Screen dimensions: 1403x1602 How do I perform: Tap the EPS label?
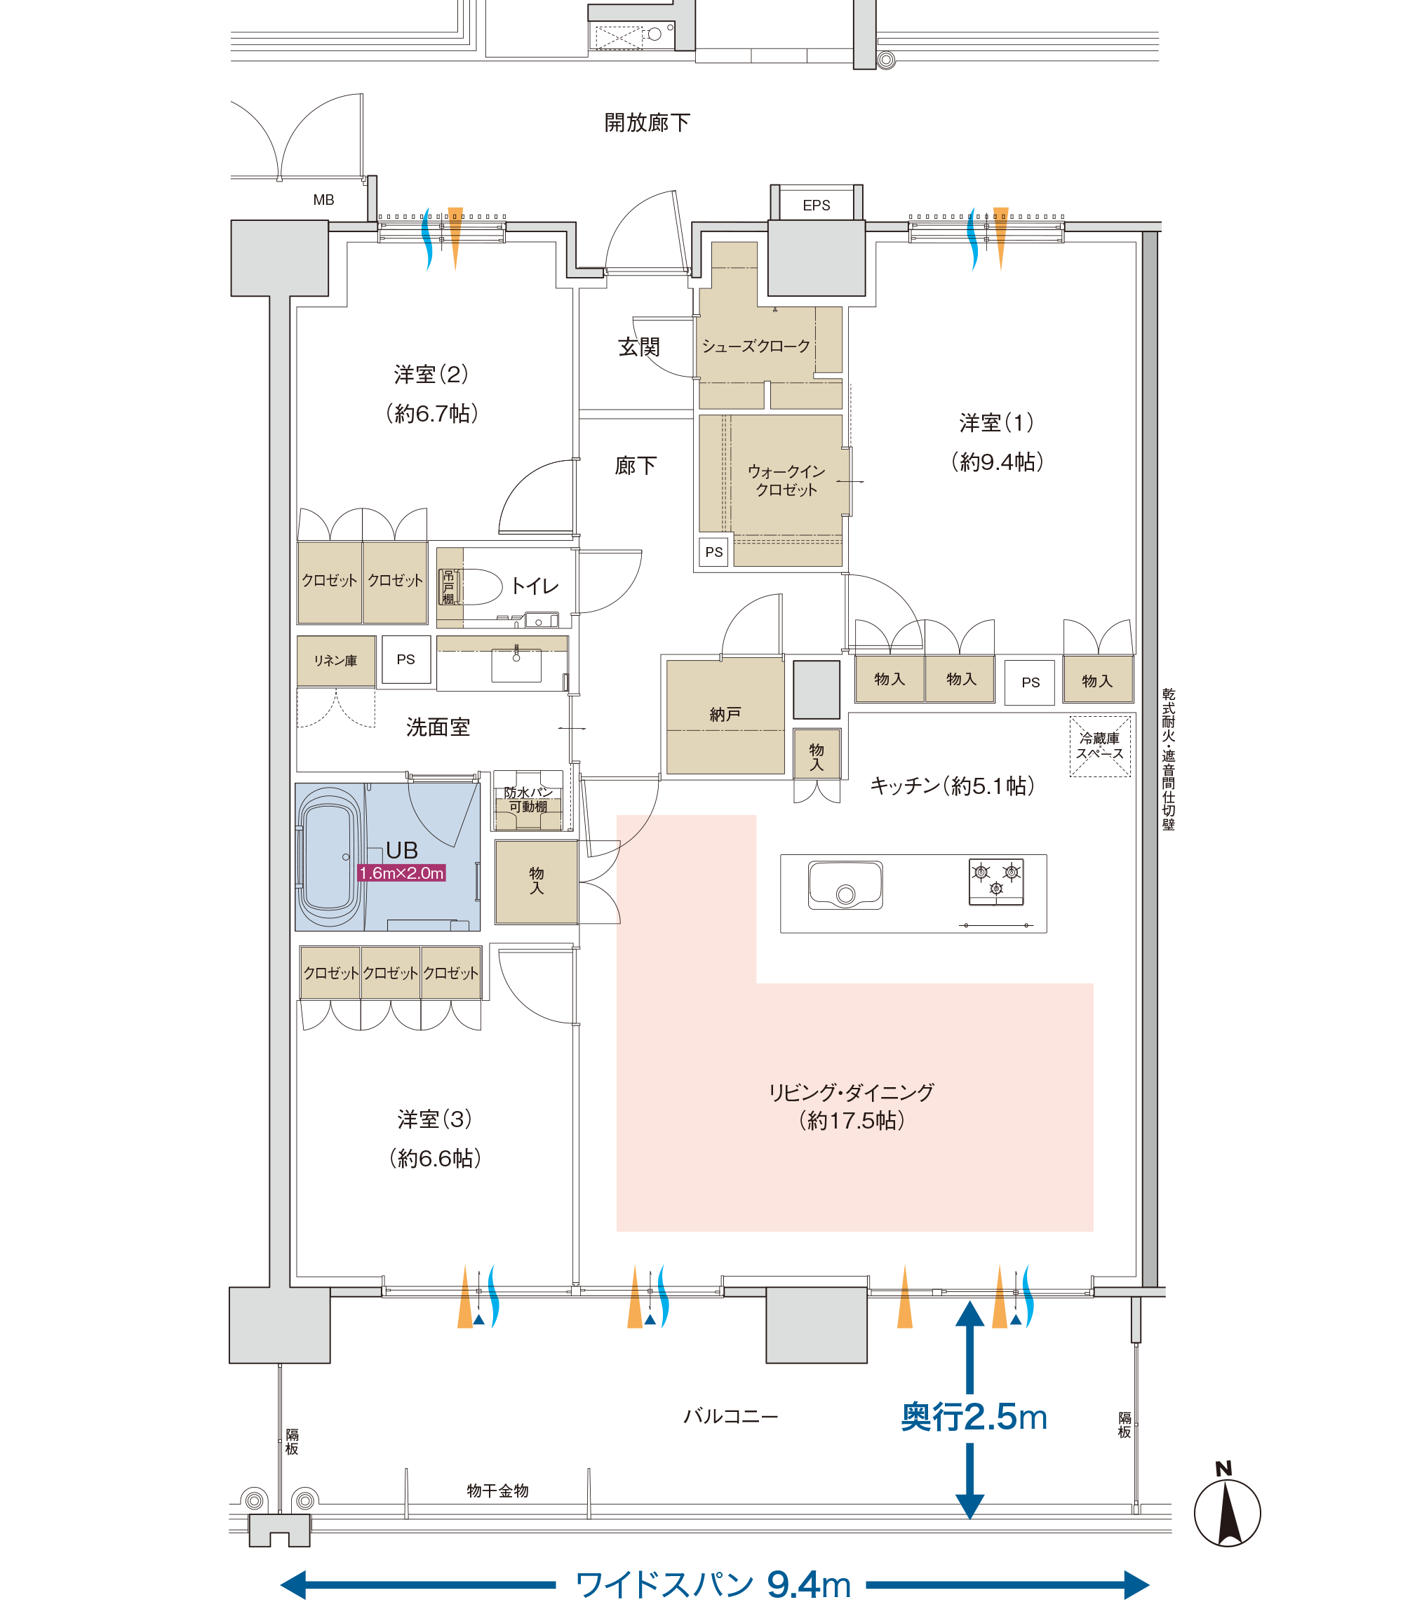816,205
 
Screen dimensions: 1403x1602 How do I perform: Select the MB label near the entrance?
323,200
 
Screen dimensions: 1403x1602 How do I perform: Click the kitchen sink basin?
845,885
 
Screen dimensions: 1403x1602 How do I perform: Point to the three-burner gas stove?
996,881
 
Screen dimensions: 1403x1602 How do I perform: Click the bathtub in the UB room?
329,856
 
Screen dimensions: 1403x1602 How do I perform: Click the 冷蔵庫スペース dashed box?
1100,746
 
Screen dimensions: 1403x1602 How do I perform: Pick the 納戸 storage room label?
725,714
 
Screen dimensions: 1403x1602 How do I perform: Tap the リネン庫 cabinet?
336,661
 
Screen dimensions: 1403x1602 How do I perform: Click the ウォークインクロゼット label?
786,480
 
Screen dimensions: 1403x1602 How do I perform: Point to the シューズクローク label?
756,346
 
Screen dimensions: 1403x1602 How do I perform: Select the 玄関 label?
639,346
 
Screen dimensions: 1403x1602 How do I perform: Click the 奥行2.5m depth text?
974,1418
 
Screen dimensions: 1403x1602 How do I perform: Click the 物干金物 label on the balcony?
498,1491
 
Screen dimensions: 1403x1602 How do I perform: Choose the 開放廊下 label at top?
647,123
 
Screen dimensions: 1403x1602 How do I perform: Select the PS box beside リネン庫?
405,660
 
